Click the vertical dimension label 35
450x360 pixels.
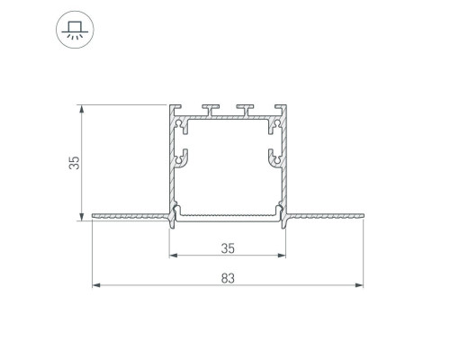click(75, 162)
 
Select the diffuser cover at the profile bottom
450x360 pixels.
click(228, 217)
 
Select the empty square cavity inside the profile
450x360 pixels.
click(228, 171)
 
